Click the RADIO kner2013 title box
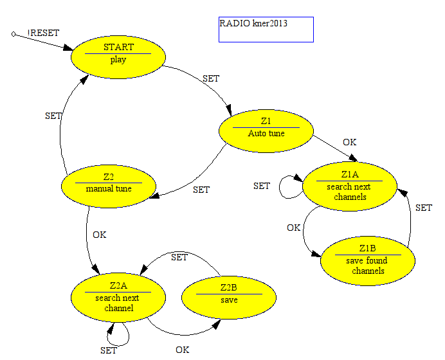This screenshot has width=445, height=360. (266, 30)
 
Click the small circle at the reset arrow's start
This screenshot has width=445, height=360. (14, 34)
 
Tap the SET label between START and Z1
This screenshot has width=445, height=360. (211, 78)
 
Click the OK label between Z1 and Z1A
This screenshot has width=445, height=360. (349, 142)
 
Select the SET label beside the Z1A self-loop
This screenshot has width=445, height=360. (262, 186)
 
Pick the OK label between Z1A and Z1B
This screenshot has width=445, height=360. (293, 228)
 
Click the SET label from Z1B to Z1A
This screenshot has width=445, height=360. (424, 208)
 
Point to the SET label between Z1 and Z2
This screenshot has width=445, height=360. (201, 190)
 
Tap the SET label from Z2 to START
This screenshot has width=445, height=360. (53, 116)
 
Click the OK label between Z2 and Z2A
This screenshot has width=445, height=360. (100, 235)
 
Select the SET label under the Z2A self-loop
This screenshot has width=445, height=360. (109, 350)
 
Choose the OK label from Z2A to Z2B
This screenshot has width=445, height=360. (183, 350)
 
